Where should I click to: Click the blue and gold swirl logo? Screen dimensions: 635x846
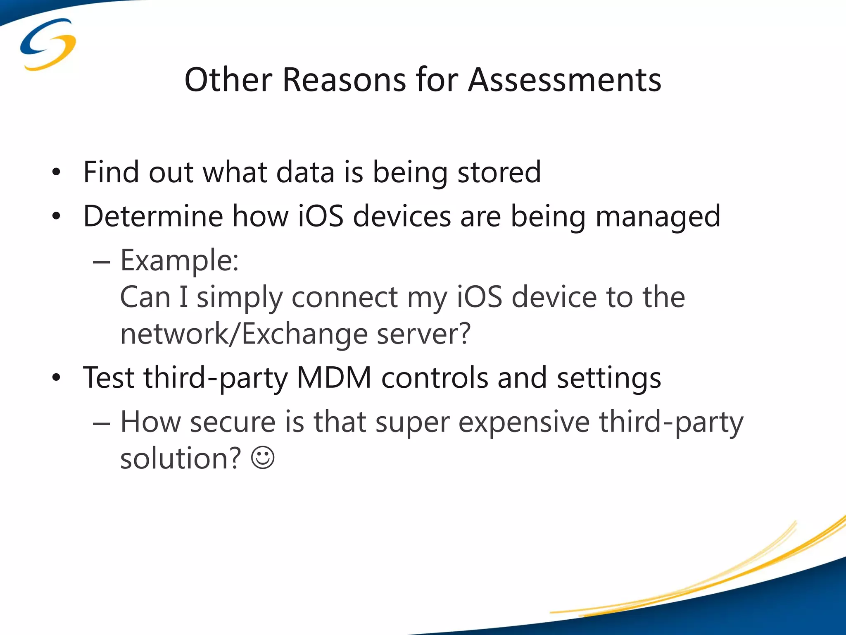point(48,44)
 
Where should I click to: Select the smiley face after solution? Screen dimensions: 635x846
point(263,458)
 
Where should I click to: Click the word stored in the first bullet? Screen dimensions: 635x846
point(499,172)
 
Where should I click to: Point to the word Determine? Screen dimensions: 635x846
point(153,216)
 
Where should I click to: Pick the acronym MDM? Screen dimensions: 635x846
point(334,377)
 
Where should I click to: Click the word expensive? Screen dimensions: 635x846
point(524,423)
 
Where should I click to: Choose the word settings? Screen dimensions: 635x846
point(608,378)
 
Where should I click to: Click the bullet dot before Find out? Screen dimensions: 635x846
point(57,172)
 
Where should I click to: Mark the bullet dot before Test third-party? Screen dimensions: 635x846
point(57,377)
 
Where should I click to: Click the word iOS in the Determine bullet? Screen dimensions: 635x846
point(321,216)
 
